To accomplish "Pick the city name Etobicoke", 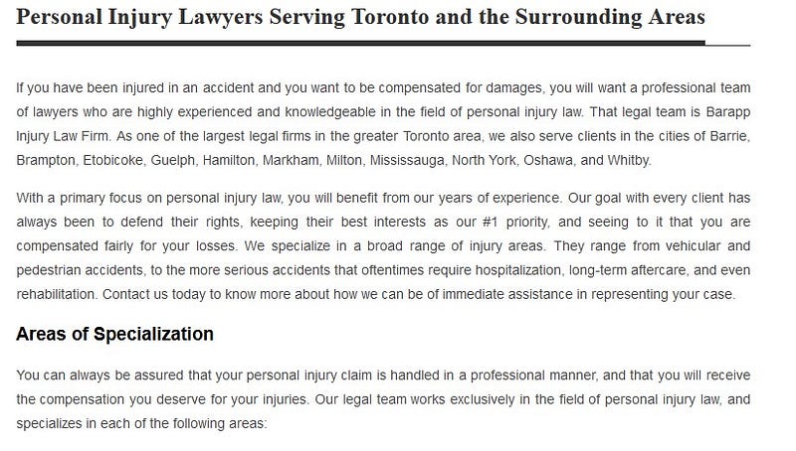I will [111, 159].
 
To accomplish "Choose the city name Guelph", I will [175, 159].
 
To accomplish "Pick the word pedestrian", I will [49, 269].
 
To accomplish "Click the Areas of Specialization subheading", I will [114, 334].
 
